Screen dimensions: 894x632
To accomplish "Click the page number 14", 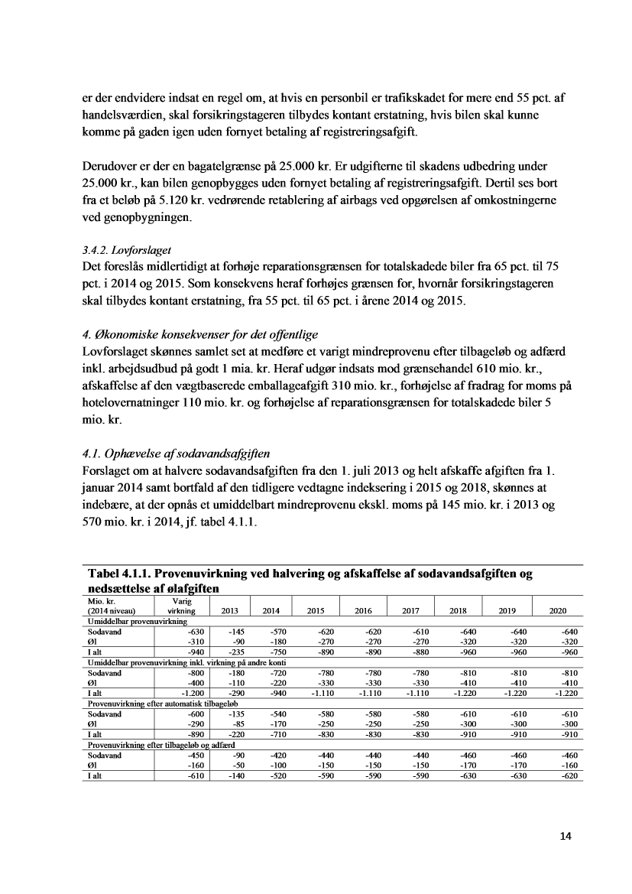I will (x=565, y=836).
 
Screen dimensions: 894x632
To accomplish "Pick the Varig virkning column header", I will (x=181, y=606).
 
